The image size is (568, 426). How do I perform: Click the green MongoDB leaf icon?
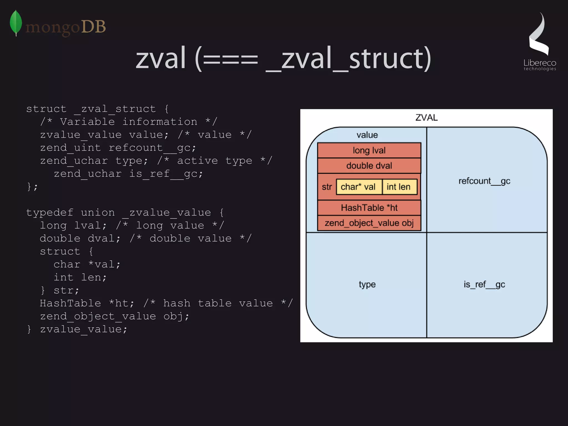pyautogui.click(x=16, y=23)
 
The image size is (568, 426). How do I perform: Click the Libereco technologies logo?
pyautogui.click(x=539, y=42)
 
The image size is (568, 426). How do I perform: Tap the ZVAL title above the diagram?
pyautogui.click(x=426, y=118)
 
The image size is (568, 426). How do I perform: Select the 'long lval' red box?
pyautogui.click(x=369, y=150)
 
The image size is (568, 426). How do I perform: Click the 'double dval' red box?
pyautogui.click(x=369, y=165)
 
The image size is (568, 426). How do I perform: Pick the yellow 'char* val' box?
pyautogui.click(x=358, y=187)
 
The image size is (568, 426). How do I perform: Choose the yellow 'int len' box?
pyautogui.click(x=399, y=187)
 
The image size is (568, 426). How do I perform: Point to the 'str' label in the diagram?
pyautogui.click(x=327, y=187)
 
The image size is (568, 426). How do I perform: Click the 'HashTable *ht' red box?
pyautogui.click(x=369, y=208)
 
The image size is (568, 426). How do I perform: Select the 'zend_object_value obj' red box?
pyautogui.click(x=369, y=223)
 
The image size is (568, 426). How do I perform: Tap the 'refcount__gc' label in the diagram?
pyautogui.click(x=484, y=181)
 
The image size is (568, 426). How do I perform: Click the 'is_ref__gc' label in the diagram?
pyautogui.click(x=484, y=284)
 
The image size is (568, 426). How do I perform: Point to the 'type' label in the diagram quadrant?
pyautogui.click(x=367, y=284)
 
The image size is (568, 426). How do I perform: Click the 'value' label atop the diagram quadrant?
pyautogui.click(x=367, y=135)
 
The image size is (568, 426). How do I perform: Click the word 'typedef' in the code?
pyautogui.click(x=50, y=213)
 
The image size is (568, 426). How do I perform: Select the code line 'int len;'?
pyautogui.click(x=80, y=277)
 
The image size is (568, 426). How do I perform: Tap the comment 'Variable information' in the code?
pyautogui.click(x=128, y=122)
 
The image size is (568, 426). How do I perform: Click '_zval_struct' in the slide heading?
pyautogui.click(x=348, y=58)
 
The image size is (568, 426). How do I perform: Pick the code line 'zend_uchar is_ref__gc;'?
pyautogui.click(x=128, y=174)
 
